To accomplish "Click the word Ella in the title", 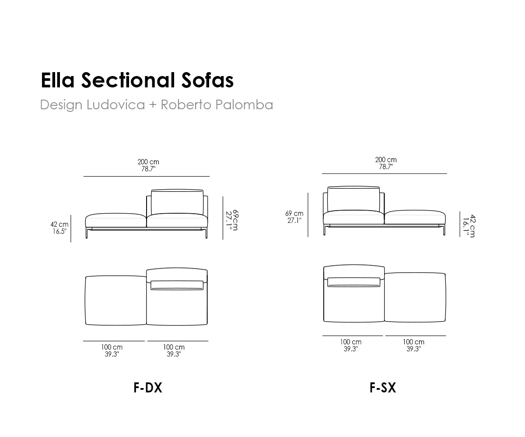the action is [x=58, y=80].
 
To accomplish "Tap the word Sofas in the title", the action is [x=208, y=80].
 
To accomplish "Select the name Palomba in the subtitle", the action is [x=245, y=104].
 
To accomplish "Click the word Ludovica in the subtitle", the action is [x=115, y=104].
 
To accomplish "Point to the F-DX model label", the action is [x=148, y=388].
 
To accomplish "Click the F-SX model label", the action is [x=383, y=388].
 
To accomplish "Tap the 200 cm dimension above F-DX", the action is [x=148, y=165].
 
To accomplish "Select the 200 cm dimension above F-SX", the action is [x=386, y=163].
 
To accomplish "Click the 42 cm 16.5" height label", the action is [x=59, y=228].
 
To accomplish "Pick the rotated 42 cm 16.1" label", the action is [x=469, y=226].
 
